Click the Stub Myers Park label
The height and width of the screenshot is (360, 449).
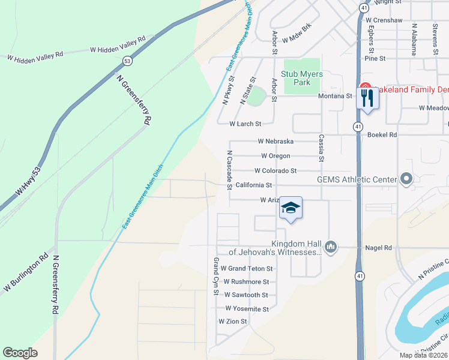coord(303,78)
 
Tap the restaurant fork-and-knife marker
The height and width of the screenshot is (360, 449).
coord(367,97)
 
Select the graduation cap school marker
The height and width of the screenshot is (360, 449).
coord(291,208)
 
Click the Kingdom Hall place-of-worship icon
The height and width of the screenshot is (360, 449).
coord(330,247)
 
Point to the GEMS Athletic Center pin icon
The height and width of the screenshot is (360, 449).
coord(406,179)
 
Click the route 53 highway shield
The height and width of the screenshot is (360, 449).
coord(127,61)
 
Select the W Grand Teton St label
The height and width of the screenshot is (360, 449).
coord(247,268)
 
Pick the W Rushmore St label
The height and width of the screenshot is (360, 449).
coord(246,281)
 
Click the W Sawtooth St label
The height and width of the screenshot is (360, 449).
coord(246,295)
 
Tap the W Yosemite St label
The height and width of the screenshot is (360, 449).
coord(247,308)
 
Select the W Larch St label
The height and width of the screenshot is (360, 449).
coord(246,124)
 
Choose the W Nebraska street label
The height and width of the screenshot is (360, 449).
coord(276,141)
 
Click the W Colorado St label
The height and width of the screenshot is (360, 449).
coord(275,171)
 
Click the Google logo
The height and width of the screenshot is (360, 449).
coord(20,353)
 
